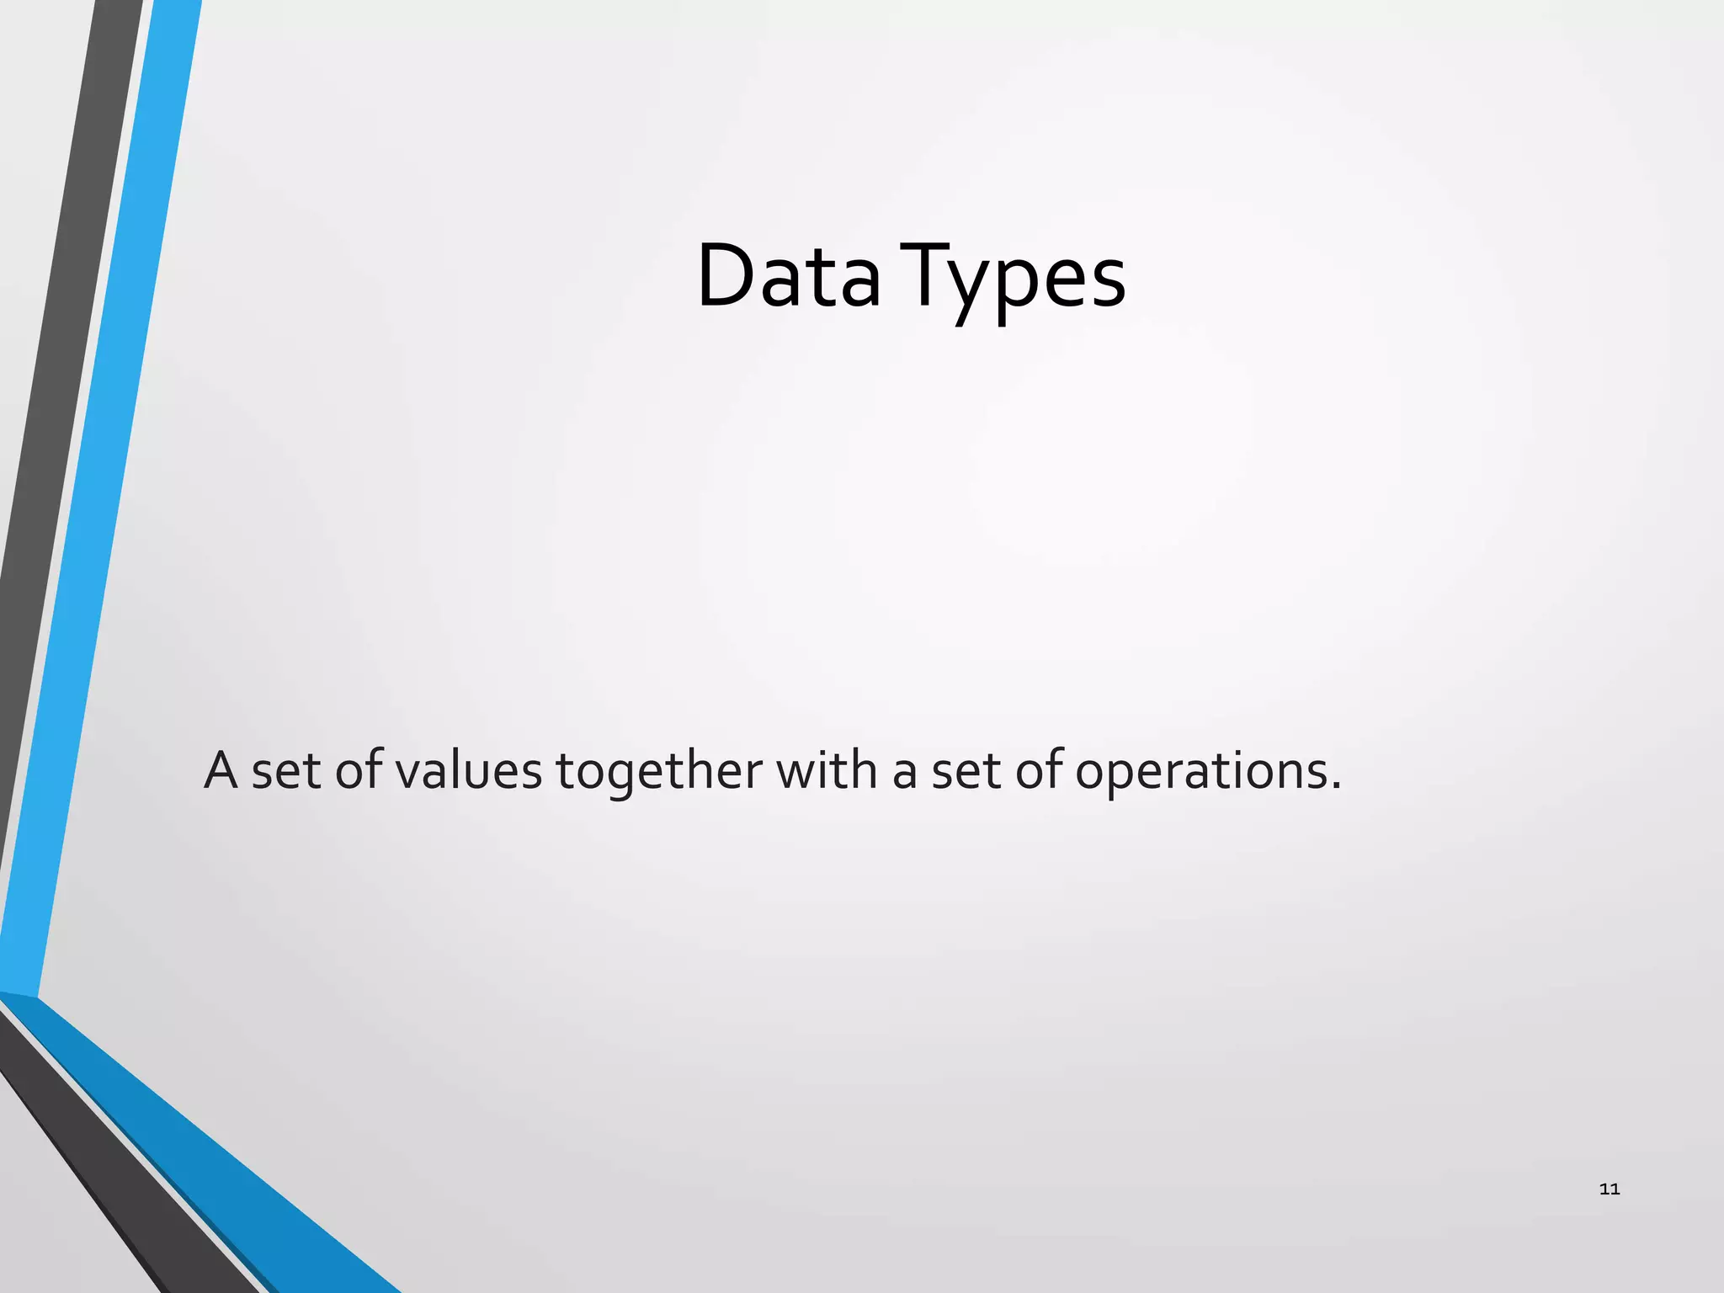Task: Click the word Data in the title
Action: click(789, 276)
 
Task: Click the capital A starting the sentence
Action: click(221, 770)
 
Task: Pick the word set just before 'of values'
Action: click(286, 772)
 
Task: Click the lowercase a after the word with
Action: click(904, 774)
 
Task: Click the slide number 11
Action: click(1609, 1189)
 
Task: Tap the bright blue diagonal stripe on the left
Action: click(101, 505)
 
